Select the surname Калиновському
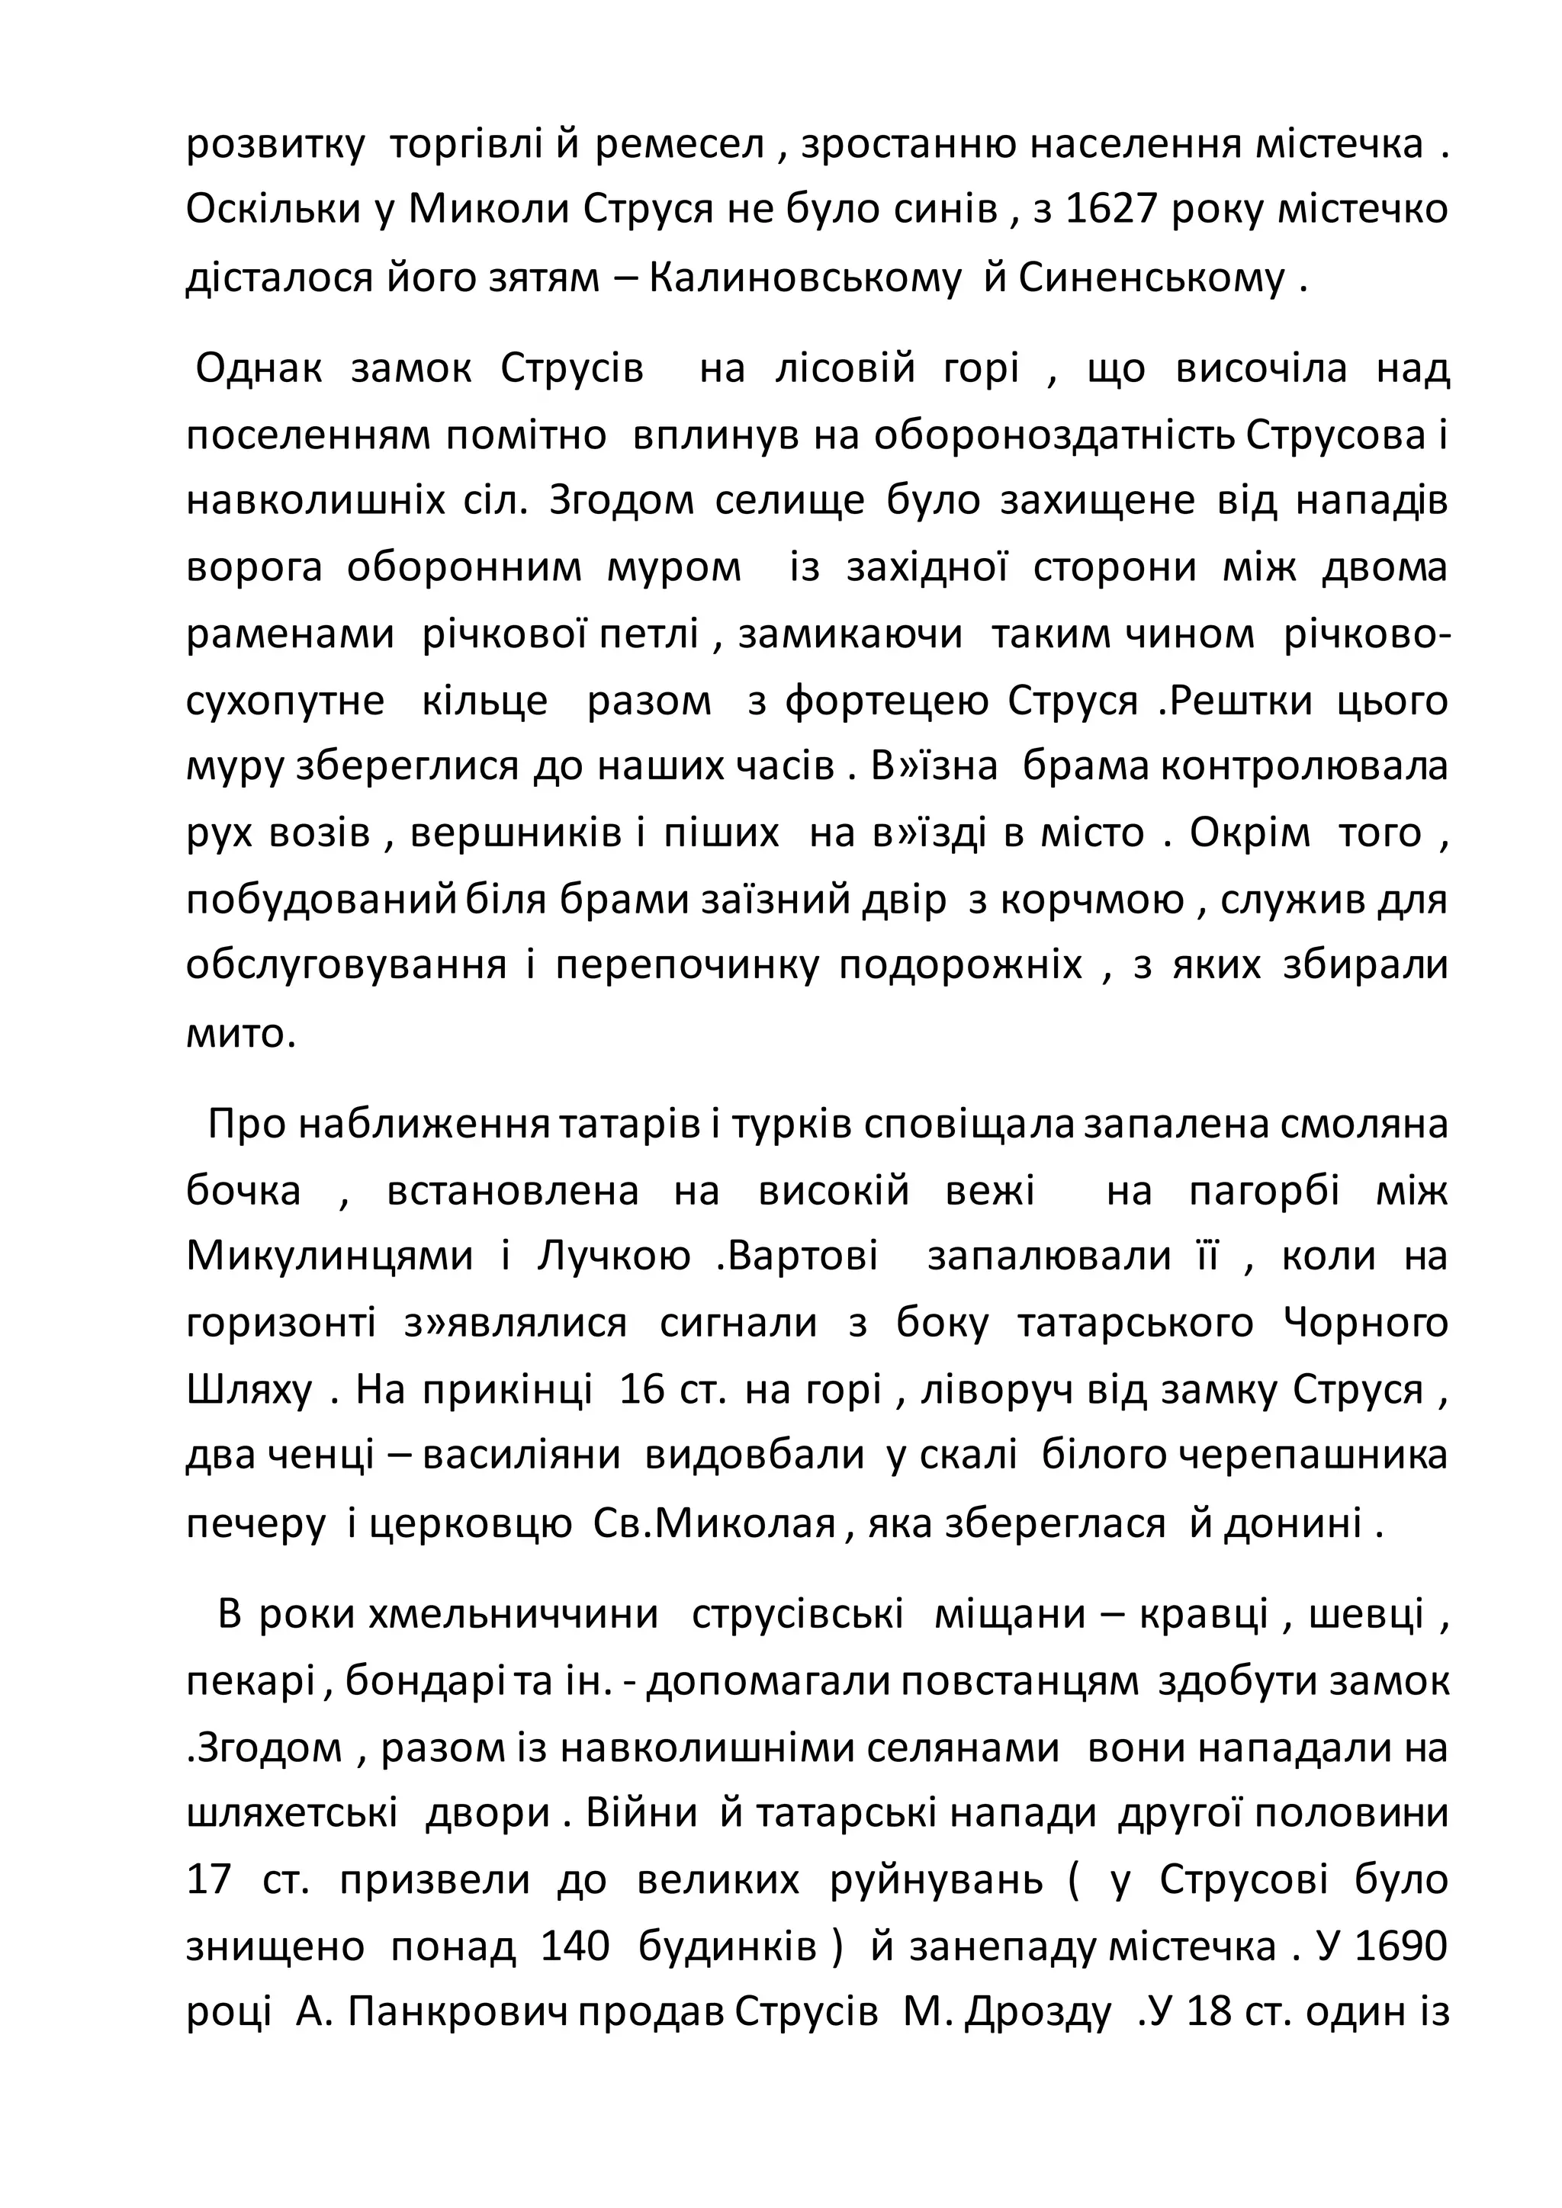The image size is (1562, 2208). coord(806,278)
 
